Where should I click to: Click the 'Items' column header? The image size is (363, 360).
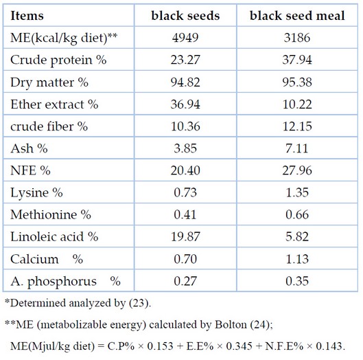click(x=27, y=16)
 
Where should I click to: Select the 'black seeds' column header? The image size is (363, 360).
click(x=185, y=16)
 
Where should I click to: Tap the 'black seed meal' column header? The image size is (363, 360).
click(x=297, y=16)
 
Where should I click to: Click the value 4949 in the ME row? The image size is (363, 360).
click(x=185, y=38)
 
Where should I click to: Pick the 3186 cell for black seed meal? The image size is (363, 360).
click(x=297, y=38)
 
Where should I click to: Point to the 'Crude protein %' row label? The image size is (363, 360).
click(x=58, y=60)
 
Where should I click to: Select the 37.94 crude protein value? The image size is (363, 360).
click(x=297, y=60)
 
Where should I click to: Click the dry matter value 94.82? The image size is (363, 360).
click(x=185, y=82)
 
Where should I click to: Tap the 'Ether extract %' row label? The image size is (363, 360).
click(x=54, y=104)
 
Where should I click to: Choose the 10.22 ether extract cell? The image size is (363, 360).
click(x=297, y=104)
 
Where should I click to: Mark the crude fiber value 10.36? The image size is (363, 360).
click(x=185, y=126)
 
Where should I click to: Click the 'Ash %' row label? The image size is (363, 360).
click(x=30, y=148)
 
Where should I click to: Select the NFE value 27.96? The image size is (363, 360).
click(x=297, y=170)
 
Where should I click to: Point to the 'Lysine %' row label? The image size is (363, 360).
click(x=36, y=193)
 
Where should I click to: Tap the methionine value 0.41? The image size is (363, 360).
click(x=185, y=214)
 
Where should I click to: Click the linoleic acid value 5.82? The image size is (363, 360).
click(x=297, y=236)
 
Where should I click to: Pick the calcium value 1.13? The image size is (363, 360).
click(x=297, y=259)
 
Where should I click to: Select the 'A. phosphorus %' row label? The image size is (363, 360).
click(x=65, y=282)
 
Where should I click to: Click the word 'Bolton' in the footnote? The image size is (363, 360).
click(x=231, y=324)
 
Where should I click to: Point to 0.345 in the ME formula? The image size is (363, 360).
click(x=239, y=346)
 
